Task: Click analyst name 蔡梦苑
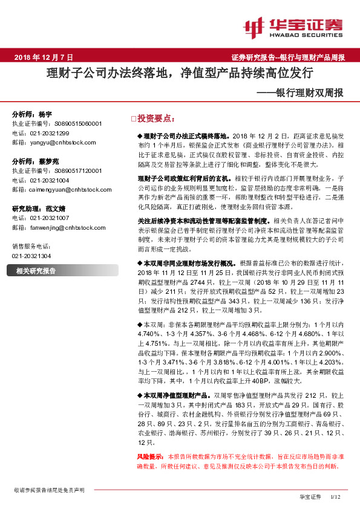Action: click(49, 162)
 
